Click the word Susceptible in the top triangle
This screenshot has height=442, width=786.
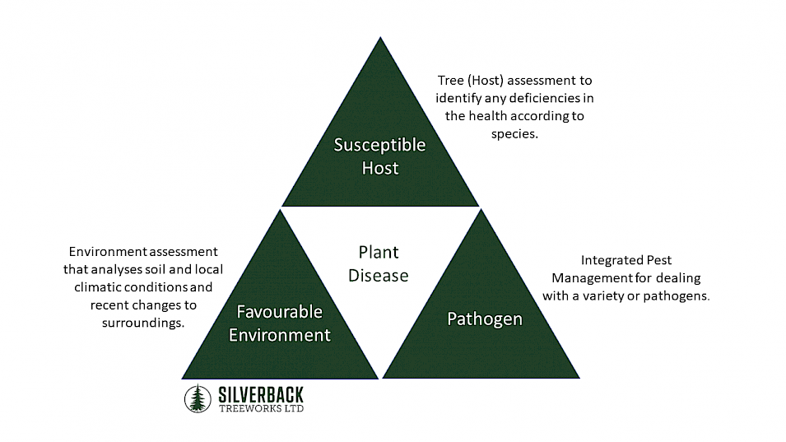(x=379, y=145)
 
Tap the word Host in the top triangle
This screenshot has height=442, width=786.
(x=379, y=168)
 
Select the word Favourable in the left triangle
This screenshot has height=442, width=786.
(x=279, y=312)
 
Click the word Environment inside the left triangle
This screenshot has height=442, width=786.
(x=279, y=335)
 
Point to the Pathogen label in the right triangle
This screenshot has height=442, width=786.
(x=484, y=319)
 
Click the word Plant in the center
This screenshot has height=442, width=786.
(x=378, y=253)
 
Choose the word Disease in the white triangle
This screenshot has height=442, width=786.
(x=378, y=276)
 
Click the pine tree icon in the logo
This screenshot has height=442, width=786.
(x=197, y=398)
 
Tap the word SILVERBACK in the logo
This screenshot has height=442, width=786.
(x=260, y=393)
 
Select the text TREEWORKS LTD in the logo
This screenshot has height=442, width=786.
(x=260, y=408)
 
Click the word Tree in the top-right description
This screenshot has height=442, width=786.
(x=451, y=81)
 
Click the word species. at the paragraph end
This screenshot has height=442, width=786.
(x=514, y=133)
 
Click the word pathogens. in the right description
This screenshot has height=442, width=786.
(x=677, y=295)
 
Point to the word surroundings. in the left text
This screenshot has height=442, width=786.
(x=137, y=323)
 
